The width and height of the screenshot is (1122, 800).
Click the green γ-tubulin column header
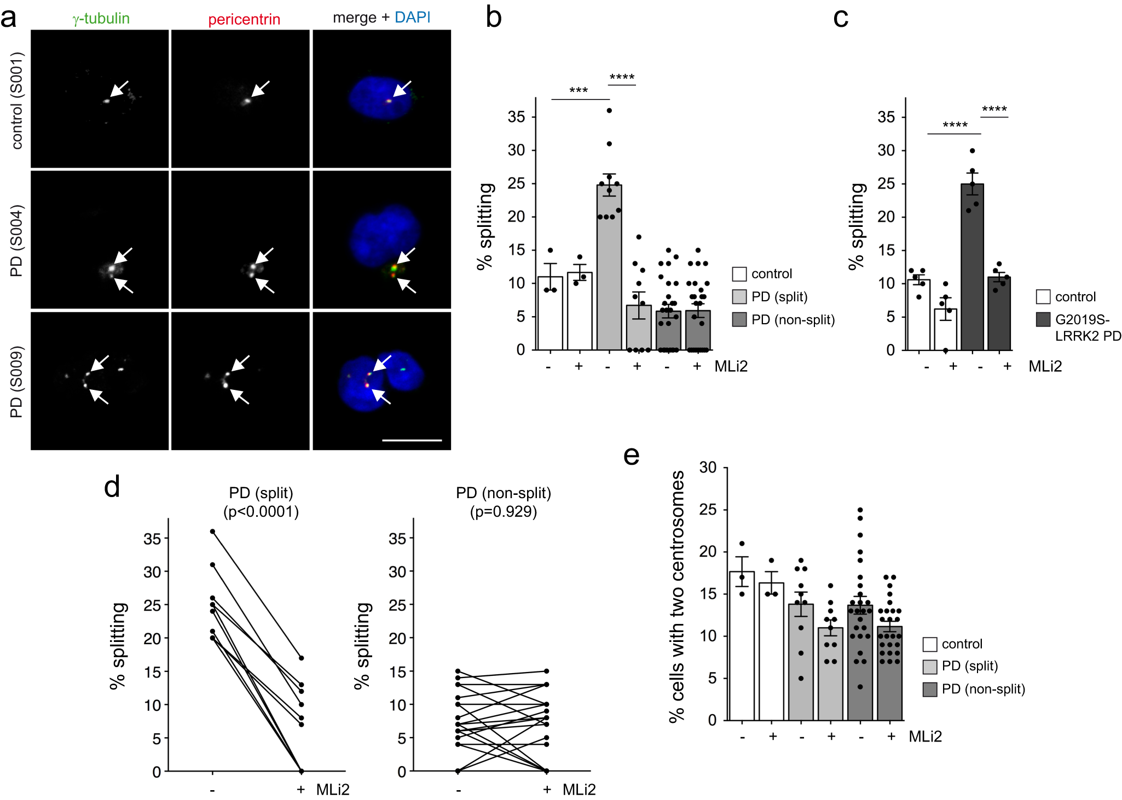101,19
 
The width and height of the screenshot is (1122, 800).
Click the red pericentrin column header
244,20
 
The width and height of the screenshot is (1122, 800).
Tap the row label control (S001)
17,101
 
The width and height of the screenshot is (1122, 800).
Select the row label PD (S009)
17,382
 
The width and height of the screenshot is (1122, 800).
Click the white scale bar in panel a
412,440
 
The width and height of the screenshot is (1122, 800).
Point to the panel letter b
493,17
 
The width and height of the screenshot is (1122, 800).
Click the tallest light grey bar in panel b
609,268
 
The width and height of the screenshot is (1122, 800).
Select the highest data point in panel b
609,110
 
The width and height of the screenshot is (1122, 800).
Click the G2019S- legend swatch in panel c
1043,319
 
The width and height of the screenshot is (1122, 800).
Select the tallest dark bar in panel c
972,268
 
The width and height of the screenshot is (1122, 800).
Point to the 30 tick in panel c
886,150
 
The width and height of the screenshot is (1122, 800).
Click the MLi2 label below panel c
1045,366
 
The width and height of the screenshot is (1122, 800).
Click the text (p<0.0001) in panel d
261,512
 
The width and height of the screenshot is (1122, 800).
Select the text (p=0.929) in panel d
504,512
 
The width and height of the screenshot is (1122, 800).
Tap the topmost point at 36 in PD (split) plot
212,531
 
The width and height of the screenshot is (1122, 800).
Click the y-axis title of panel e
677,596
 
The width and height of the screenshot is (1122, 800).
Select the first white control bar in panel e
742,645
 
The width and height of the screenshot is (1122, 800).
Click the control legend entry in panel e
962,644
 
